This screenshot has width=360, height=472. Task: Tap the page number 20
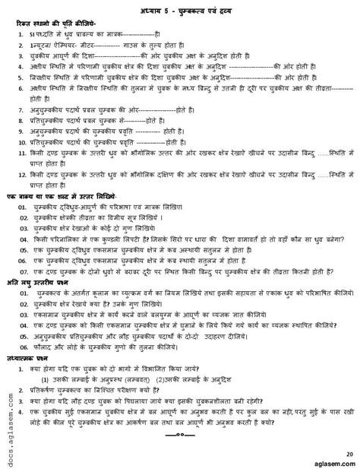point(349,454)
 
